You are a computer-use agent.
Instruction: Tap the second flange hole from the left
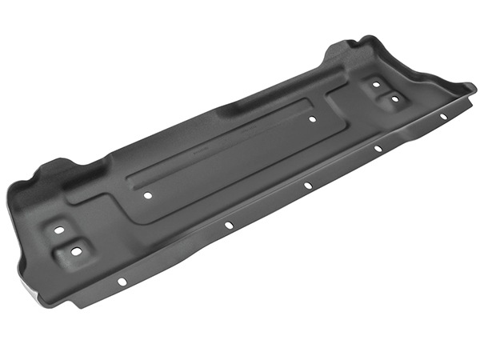[x=229, y=225]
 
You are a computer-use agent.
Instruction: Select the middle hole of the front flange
[x=308, y=184]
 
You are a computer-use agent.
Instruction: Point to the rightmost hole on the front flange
[x=442, y=115]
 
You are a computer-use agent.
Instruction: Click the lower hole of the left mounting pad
[x=76, y=250]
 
